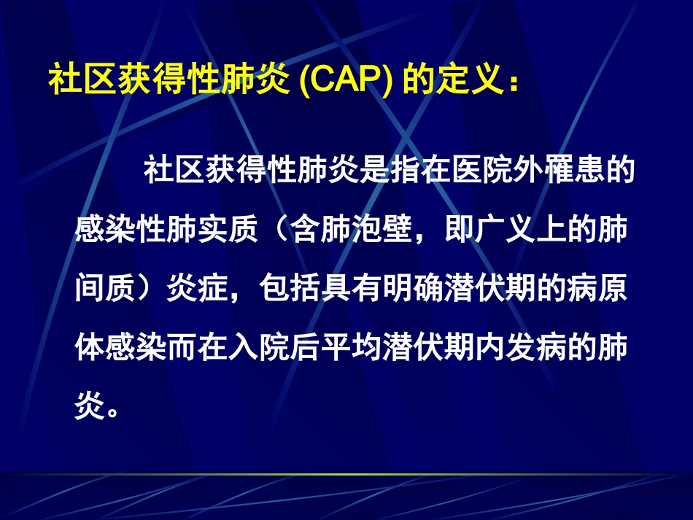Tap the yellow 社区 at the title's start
78,81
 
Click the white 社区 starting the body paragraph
174,173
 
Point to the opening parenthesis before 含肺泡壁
274,232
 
